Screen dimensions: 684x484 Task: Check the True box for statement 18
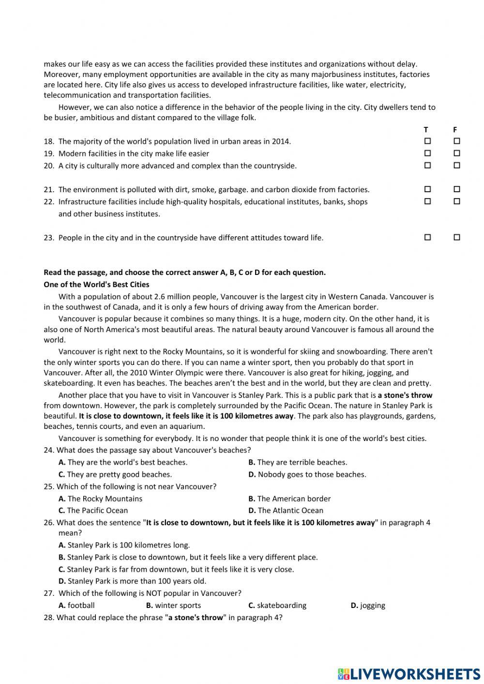point(427,141)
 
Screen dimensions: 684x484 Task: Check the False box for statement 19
point(456,153)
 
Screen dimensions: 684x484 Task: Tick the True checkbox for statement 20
point(427,166)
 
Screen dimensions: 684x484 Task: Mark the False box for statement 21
point(456,189)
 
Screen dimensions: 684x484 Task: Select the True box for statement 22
point(427,201)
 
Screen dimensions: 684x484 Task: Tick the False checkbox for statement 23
point(456,238)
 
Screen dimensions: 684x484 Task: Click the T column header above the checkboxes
point(426,130)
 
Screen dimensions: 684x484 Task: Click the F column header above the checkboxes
point(455,130)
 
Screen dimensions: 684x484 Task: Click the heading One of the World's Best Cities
point(96,285)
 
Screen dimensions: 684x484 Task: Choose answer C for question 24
point(115,474)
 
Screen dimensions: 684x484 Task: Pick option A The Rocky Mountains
point(101,499)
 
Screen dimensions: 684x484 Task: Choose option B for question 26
point(188,557)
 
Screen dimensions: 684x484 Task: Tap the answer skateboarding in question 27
point(277,605)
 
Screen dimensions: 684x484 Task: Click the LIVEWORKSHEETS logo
point(409,673)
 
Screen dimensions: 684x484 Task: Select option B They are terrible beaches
point(298,462)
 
